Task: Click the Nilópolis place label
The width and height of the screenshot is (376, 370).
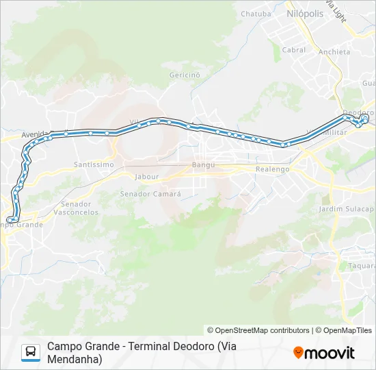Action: [x=304, y=13]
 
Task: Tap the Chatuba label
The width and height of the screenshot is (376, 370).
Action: [x=255, y=13]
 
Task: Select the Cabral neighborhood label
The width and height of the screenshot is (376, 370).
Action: [x=294, y=50]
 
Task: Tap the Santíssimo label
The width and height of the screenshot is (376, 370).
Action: [x=94, y=164]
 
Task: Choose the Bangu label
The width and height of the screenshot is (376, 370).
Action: [x=203, y=164]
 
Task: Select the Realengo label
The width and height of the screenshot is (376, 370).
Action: [x=272, y=169]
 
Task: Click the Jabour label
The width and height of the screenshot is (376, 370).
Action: [x=147, y=176]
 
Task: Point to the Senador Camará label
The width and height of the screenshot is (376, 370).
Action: [x=150, y=194]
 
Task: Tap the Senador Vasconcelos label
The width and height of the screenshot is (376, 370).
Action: [x=80, y=208]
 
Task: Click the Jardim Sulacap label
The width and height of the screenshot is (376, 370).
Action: [x=346, y=208]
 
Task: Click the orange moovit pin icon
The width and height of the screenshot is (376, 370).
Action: [x=298, y=353]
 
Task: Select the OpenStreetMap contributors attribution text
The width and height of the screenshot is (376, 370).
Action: [x=258, y=330]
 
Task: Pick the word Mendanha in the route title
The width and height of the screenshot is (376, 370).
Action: [x=75, y=359]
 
